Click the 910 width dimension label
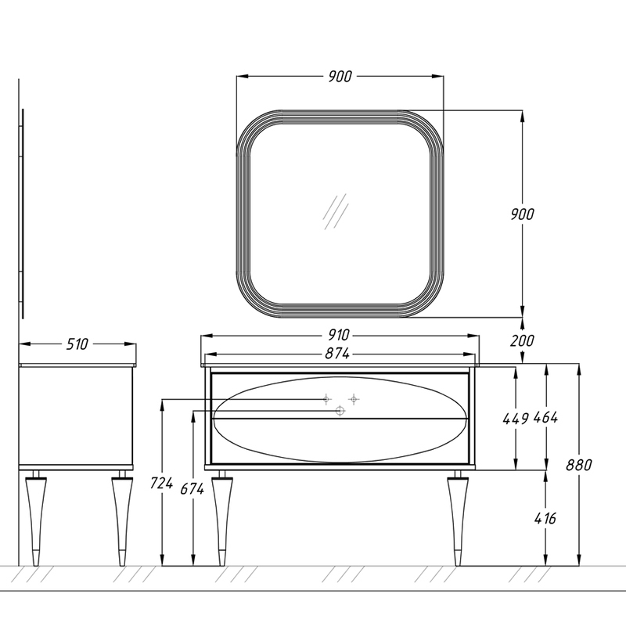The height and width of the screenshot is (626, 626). pos(339,335)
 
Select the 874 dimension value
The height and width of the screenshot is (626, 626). pos(337,354)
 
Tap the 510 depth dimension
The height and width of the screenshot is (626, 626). pos(77,344)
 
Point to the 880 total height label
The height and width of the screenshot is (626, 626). pos(578,465)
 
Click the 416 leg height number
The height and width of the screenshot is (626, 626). pos(545,518)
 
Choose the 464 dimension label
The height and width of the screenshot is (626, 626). pos(545,418)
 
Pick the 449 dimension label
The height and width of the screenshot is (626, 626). pos(516,419)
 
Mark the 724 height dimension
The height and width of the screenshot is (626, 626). pos(161,483)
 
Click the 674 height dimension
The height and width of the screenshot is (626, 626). pos(192,488)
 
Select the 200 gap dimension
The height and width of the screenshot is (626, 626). pos(522,340)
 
